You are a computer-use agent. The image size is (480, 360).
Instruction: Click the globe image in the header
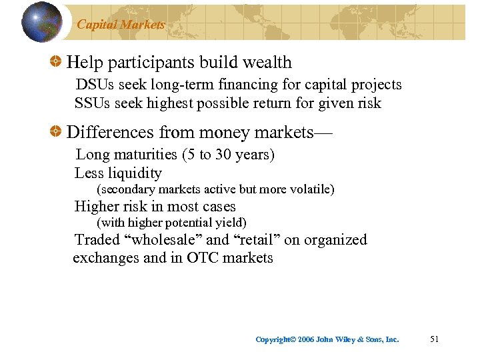coord(42,21)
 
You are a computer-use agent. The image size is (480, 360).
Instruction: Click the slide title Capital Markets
coord(121,25)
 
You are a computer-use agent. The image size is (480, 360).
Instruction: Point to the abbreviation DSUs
coord(92,85)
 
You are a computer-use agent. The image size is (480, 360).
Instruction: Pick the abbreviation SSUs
coord(91,103)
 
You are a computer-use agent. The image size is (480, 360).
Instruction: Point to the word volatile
coord(309,189)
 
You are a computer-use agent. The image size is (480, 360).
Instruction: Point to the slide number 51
coord(435,339)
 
